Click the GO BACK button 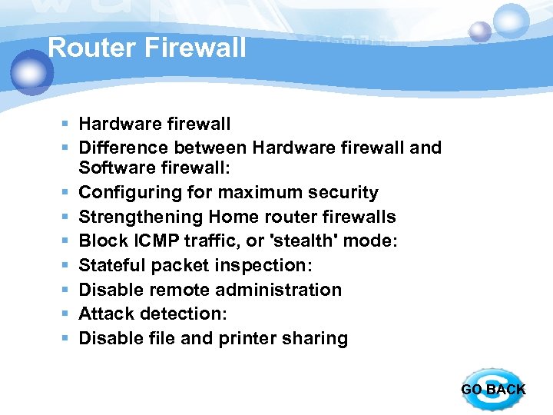492,389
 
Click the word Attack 104,314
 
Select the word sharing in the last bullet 318,338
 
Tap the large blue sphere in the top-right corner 511,21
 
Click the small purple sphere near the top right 479,32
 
